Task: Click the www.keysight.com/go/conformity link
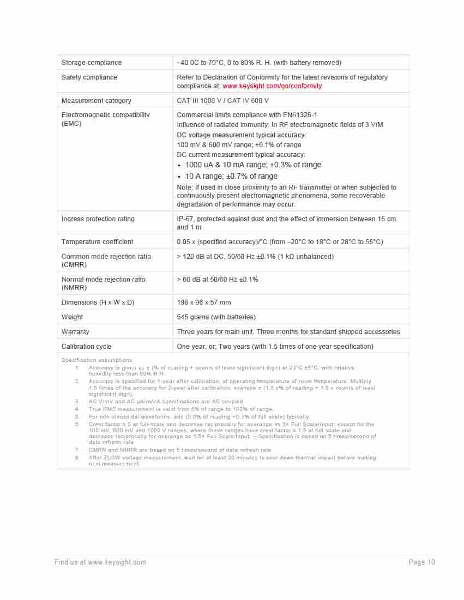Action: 272,86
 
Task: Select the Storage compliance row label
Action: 92,63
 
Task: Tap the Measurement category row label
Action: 97,101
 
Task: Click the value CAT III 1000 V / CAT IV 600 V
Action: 222,101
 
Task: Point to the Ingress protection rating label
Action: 98,219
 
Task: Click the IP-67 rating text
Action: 185,219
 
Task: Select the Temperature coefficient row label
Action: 98,242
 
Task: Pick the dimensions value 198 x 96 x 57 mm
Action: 204,302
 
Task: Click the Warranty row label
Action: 75,332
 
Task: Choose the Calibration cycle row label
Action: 87,347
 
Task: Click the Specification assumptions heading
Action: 97,360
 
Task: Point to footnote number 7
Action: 77,450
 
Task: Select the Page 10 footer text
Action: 422,562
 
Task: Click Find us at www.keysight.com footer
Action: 100,562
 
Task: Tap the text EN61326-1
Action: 299,115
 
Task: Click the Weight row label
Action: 73,317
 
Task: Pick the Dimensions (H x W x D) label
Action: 98,302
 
